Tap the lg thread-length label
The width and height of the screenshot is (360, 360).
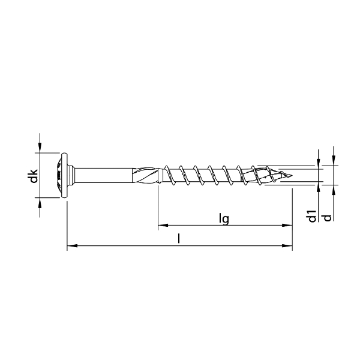223,219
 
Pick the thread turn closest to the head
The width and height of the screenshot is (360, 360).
167,175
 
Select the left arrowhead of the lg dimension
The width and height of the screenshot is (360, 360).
162,226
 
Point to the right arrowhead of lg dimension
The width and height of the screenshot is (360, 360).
280,226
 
